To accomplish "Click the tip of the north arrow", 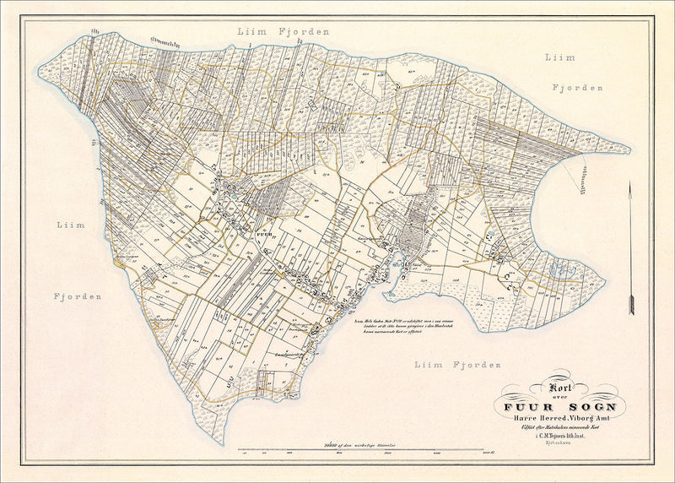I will [629, 183].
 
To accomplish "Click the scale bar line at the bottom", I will [365, 450].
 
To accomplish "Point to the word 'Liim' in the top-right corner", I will [559, 57].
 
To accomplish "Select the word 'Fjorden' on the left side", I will [79, 296].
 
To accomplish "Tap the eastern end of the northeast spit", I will [628, 151].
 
